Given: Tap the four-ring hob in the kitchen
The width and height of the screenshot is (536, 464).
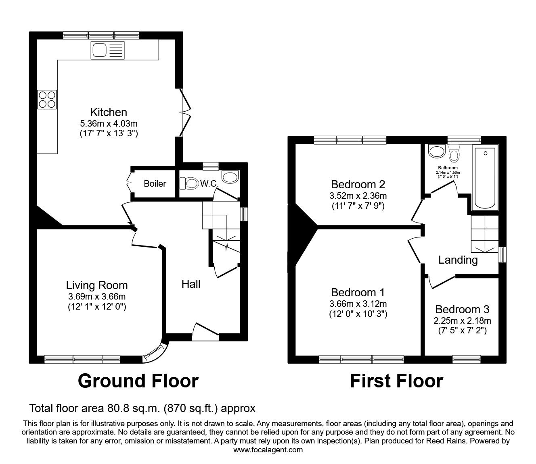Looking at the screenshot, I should coord(47,100).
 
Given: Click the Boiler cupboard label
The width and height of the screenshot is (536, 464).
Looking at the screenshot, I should coord(155,184).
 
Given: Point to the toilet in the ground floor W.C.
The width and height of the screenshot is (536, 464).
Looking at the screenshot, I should coord(188,184).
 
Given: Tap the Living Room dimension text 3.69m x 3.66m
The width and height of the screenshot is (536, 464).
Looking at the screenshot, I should coord(97,297).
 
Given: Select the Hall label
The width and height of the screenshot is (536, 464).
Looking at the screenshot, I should coord(191,284).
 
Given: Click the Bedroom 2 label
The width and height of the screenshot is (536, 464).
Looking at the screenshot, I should coord(358,185).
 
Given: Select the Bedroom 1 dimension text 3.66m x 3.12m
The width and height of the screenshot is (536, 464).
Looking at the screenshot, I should coord(358,304).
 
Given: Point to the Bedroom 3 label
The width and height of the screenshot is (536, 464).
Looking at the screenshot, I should coord(462,310).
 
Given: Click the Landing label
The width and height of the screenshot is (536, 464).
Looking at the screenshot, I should coord(458,260).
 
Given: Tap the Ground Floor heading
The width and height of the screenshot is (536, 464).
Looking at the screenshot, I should coord(138,381).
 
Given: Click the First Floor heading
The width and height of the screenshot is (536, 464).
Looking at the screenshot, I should coord(396,381).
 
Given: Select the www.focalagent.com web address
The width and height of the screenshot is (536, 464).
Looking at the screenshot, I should coord(268,450).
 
